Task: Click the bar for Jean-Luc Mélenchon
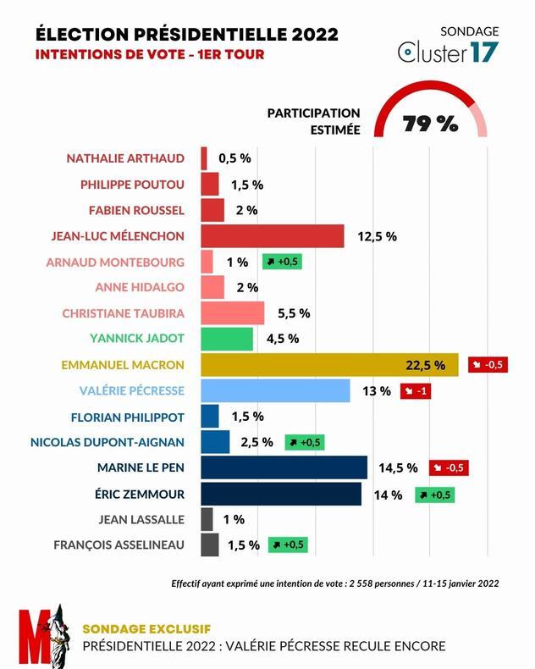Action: pyautogui.click(x=273, y=235)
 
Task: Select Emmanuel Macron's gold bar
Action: pyautogui.click(x=329, y=365)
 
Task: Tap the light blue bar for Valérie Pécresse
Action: pyautogui.click(x=275, y=390)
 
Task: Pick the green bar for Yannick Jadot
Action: pyautogui.click(x=227, y=339)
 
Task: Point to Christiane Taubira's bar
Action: pyautogui.click(x=233, y=312)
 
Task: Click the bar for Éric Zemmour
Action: pyautogui.click(x=281, y=494)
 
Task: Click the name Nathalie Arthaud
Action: pyautogui.click(x=125, y=158)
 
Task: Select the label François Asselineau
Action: pyautogui.click(x=119, y=545)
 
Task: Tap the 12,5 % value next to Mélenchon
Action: pyautogui.click(x=378, y=236)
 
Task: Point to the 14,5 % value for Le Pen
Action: pyautogui.click(x=399, y=467)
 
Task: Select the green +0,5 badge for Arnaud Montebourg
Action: pyautogui.click(x=282, y=262)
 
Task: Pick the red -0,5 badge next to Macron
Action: pyautogui.click(x=488, y=365)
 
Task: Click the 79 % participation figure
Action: pyautogui.click(x=430, y=124)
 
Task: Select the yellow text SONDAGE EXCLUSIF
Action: pyautogui.click(x=146, y=628)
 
